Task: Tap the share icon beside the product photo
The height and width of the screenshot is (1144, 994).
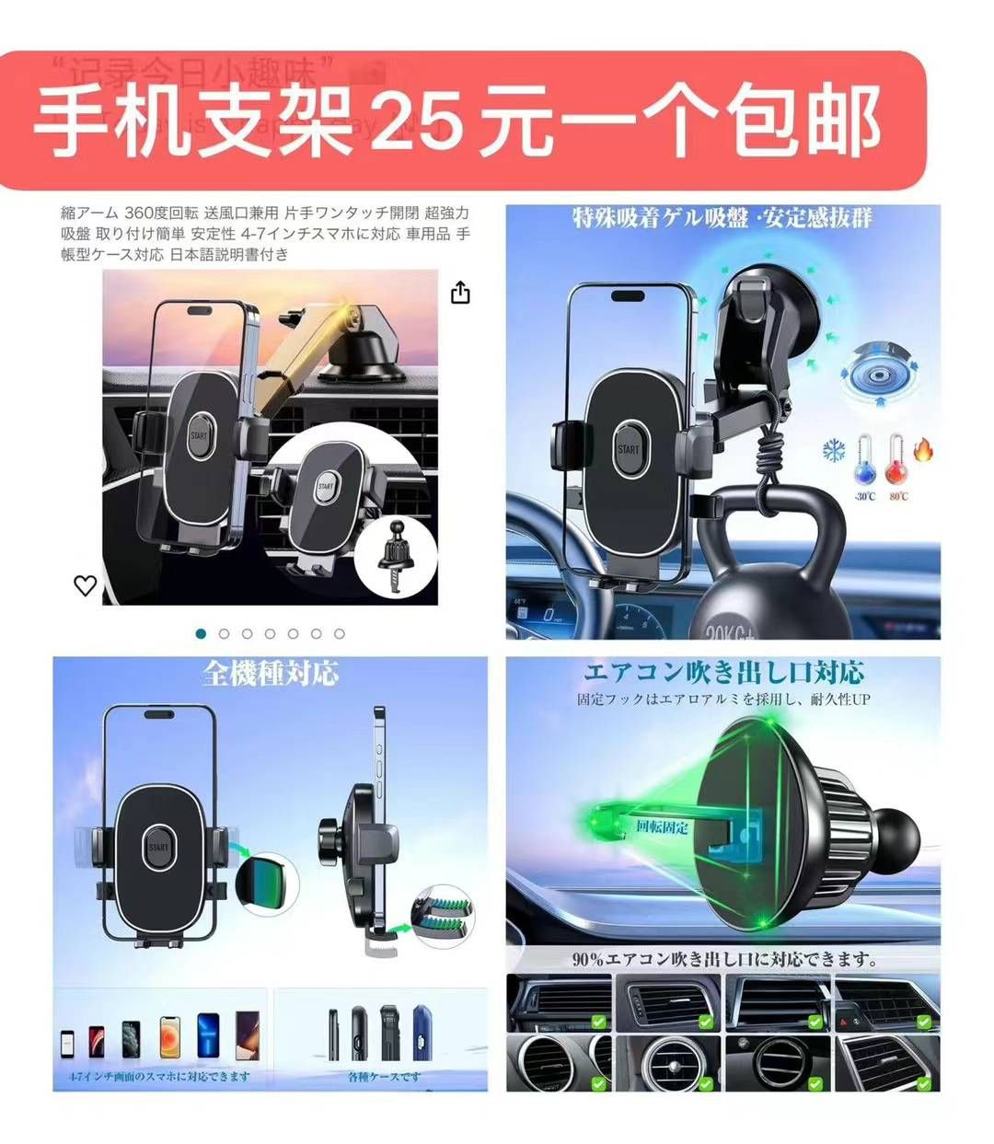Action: (460, 293)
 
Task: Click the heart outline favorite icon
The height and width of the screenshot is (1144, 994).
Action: (85, 585)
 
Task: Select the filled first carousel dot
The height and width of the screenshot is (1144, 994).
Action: (201, 633)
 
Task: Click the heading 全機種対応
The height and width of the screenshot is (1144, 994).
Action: (271, 673)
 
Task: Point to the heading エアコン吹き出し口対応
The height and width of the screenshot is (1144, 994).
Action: (723, 671)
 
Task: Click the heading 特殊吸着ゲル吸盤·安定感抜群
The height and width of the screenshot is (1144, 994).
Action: (722, 218)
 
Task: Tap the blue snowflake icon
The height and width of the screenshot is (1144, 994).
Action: (834, 451)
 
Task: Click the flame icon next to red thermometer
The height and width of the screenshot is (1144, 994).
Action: (923, 450)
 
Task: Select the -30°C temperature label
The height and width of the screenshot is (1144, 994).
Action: (864, 497)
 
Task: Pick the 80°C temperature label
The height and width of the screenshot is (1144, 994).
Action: (898, 497)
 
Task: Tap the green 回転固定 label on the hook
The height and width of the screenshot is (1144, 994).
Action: (662, 826)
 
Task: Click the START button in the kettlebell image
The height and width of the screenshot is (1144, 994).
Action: (629, 449)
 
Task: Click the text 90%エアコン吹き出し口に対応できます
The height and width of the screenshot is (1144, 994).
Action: (724, 959)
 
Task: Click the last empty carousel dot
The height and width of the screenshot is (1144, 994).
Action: (339, 633)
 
